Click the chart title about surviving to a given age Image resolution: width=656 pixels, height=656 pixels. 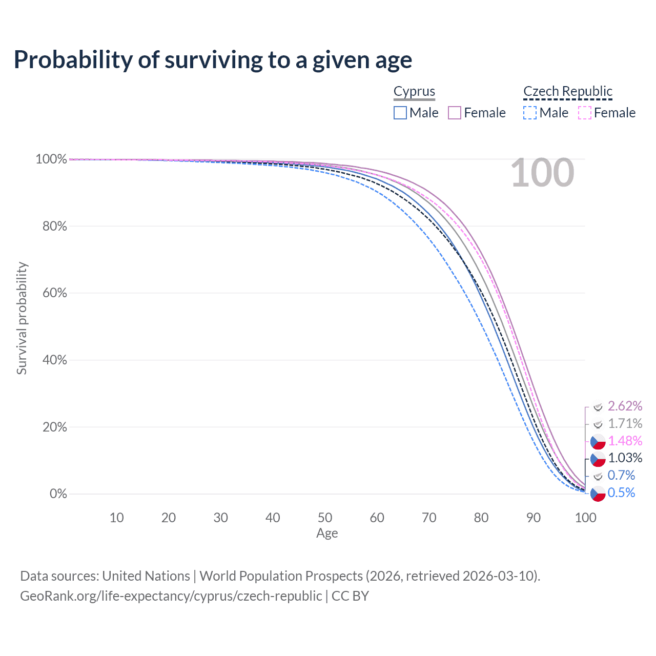[x=213, y=60]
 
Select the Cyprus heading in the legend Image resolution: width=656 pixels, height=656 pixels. [x=414, y=91]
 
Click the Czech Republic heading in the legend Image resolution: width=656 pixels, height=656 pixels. [x=568, y=91]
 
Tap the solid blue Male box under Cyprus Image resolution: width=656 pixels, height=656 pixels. [x=400, y=113]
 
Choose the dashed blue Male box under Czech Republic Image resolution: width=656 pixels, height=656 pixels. [x=530, y=113]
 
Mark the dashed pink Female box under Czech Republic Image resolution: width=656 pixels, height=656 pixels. [x=585, y=113]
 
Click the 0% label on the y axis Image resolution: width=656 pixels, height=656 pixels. [x=58, y=494]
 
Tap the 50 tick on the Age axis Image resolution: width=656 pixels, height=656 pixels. [x=325, y=518]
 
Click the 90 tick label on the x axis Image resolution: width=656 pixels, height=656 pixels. [x=534, y=518]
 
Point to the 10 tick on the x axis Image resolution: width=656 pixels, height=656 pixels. [x=117, y=518]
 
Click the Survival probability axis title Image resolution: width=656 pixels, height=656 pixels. [x=22, y=318]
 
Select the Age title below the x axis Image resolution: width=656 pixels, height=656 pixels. [x=327, y=534]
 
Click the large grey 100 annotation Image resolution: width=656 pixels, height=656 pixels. [x=542, y=173]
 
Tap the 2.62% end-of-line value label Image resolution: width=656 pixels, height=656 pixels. [x=625, y=406]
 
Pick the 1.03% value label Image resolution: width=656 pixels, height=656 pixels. [x=625, y=458]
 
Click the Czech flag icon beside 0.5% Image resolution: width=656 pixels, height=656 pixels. [x=598, y=493]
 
